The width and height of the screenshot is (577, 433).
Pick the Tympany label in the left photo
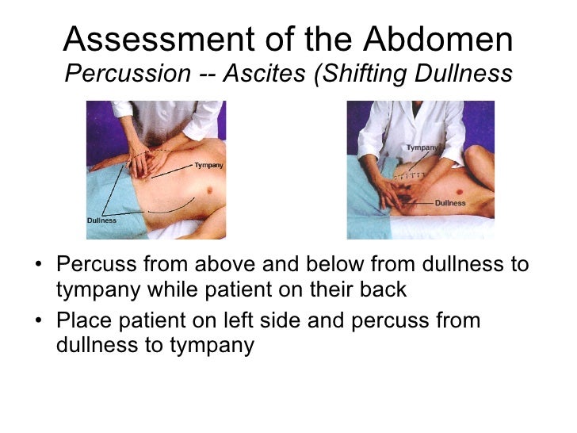pyautogui.click(x=208, y=166)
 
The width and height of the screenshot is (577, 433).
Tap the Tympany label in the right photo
pyautogui.click(x=422, y=148)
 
